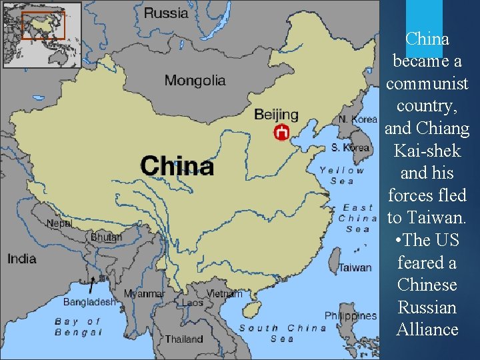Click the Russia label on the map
166,12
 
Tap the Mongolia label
195,81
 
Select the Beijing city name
276,115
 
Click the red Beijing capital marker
282,132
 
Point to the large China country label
177,165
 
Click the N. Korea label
358,119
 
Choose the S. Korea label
351,147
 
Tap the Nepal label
59,223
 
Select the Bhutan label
106,237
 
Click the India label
21,258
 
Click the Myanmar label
144,294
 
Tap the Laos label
193,303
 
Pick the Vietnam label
224,293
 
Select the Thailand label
184,339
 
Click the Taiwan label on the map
355,267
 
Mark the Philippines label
351,315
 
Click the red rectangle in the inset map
44,25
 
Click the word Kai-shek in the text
427,151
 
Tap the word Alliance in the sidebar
427,329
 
